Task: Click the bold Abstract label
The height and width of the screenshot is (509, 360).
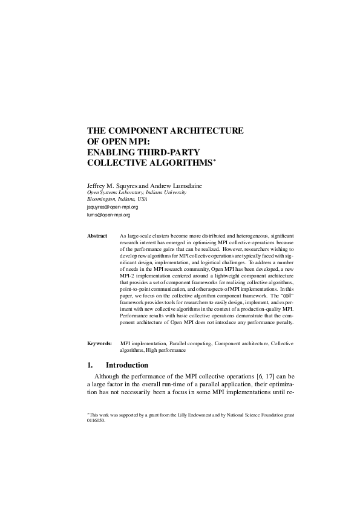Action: point(97,236)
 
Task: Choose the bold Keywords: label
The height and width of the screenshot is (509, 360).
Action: point(99,343)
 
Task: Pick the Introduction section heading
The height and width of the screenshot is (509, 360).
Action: point(127,365)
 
